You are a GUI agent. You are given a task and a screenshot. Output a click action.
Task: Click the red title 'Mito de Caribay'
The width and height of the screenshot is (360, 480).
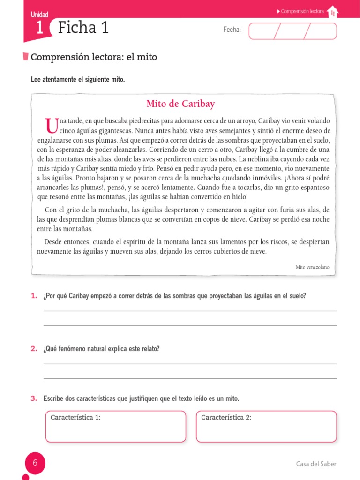(x=180, y=104)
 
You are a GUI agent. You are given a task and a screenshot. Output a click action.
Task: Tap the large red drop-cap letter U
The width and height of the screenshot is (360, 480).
(x=50, y=126)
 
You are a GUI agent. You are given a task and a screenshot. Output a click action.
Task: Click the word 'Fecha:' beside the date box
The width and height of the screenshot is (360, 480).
(x=232, y=30)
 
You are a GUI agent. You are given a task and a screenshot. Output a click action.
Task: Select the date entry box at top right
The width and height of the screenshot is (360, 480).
(x=292, y=31)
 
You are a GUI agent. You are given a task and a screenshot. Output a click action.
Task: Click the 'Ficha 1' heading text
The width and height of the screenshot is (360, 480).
(x=83, y=28)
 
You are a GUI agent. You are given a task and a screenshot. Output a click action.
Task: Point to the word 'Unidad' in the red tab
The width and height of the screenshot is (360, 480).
(x=39, y=15)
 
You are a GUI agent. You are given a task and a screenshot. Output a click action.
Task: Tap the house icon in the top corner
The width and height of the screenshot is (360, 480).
(x=332, y=12)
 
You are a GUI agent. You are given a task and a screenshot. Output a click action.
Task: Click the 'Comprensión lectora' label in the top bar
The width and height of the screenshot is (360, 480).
(x=302, y=11)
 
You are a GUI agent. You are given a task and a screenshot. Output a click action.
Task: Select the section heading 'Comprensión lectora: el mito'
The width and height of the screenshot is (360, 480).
(x=94, y=57)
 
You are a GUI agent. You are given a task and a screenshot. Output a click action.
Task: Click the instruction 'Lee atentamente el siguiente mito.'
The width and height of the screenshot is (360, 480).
(x=78, y=80)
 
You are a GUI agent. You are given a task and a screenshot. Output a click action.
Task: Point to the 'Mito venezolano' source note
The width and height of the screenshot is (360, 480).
(x=312, y=267)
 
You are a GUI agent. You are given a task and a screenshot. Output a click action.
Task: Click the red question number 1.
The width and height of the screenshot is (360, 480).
(x=34, y=296)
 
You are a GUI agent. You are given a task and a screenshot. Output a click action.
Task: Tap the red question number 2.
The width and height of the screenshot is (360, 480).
(x=34, y=349)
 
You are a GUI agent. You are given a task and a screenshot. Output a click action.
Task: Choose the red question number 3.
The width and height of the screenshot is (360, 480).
(x=34, y=398)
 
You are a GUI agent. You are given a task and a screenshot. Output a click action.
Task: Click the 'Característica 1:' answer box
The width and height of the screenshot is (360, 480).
(x=115, y=426)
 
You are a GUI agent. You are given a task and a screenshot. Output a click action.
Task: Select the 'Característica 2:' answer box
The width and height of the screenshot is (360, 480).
(x=266, y=426)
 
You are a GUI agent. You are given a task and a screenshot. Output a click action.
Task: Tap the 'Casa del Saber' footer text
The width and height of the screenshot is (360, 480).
(x=316, y=464)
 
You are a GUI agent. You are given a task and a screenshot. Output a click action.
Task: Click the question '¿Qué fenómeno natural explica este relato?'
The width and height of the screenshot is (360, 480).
(x=101, y=349)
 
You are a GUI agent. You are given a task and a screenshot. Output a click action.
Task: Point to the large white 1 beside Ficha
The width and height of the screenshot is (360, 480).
(x=39, y=28)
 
